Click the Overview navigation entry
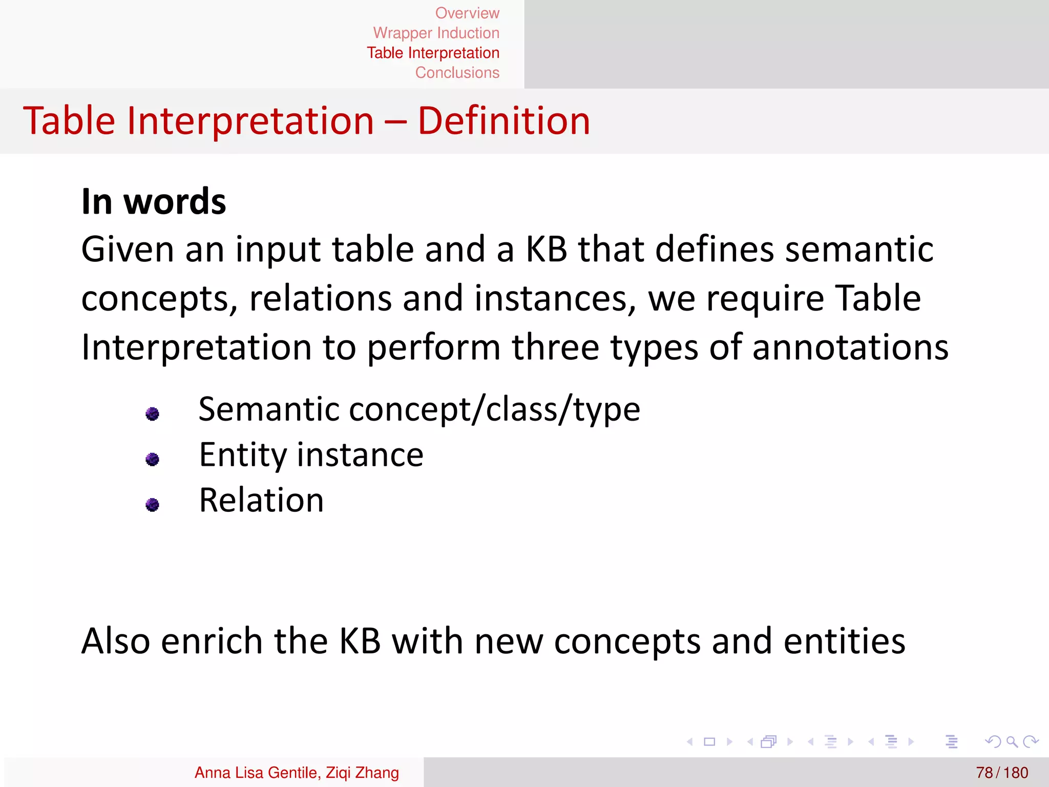click(x=467, y=13)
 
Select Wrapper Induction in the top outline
click(x=436, y=33)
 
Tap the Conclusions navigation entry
click(x=457, y=73)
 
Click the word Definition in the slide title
click(x=503, y=121)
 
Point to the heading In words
click(x=154, y=201)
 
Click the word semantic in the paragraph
click(x=859, y=250)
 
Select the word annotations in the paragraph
click(x=850, y=347)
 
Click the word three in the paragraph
click(x=555, y=347)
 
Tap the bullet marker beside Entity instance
click(x=152, y=459)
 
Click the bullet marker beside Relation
click(x=152, y=505)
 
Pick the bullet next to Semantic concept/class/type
click(x=152, y=413)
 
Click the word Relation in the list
click(x=261, y=500)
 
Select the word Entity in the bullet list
click(x=243, y=455)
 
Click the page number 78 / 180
click(x=1001, y=772)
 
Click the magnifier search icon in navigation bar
click(x=1012, y=741)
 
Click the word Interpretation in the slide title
click(x=250, y=121)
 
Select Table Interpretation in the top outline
click(x=433, y=53)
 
